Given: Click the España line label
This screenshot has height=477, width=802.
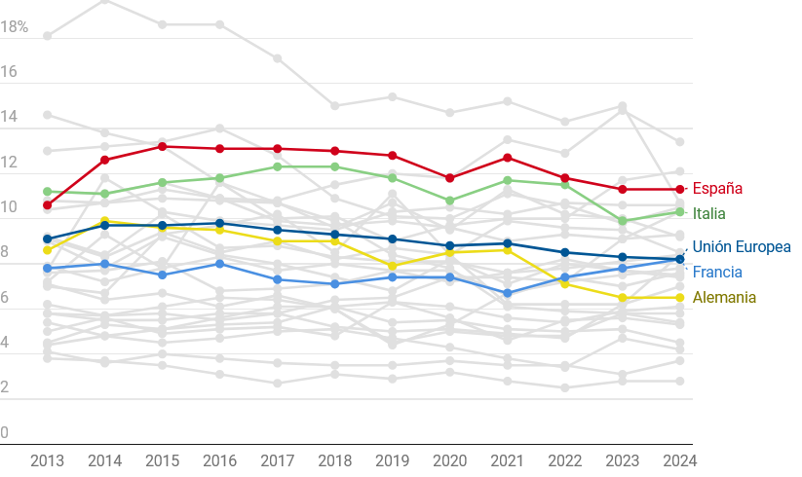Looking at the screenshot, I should [x=717, y=189].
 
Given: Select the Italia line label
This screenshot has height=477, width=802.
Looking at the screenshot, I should [x=708, y=213].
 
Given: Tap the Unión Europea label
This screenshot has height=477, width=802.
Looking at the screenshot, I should [x=742, y=247].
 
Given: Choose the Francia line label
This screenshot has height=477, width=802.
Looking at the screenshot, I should [x=717, y=273].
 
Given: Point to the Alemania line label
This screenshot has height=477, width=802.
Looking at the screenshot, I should [x=724, y=298].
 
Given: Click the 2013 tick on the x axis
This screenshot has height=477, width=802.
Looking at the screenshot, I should [x=47, y=460].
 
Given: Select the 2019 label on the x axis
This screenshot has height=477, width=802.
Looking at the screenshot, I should [x=392, y=460].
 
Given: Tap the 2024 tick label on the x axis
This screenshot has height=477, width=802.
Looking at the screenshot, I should [x=679, y=460].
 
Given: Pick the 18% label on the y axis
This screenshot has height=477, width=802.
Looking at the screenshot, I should [x=15, y=27].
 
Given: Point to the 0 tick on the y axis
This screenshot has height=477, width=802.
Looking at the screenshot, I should [x=5, y=432].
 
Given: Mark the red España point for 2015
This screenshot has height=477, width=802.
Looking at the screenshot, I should [x=162, y=147].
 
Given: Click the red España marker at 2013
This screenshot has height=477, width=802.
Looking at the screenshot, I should [x=47, y=205].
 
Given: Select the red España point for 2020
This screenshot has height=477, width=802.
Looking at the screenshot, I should [x=449, y=178].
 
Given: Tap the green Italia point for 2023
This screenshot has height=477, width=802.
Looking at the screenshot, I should [x=622, y=221].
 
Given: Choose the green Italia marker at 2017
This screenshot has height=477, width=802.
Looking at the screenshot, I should [x=277, y=166].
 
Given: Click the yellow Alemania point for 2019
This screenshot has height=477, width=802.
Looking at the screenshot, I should [x=392, y=266].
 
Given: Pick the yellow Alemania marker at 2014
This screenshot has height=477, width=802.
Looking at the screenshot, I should [x=104, y=222].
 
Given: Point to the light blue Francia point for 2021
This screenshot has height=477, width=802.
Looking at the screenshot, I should [x=507, y=293].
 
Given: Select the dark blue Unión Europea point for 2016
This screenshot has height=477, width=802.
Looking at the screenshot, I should [x=219, y=224].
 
